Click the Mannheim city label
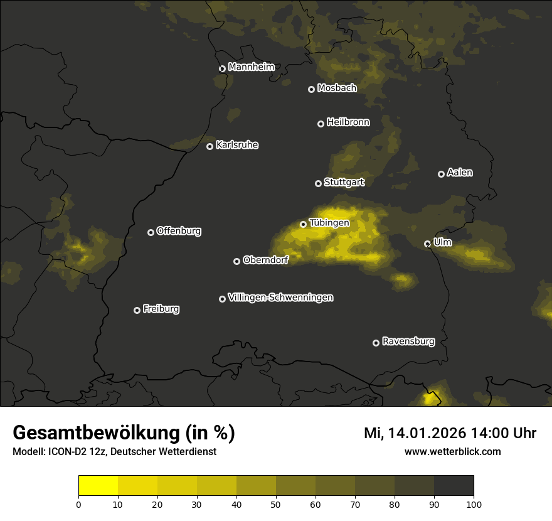(251, 67)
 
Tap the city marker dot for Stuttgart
(318, 183)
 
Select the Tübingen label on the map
(329, 223)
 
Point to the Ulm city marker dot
(427, 244)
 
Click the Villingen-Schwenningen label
(280, 298)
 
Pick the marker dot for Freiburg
(137, 310)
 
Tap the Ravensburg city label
(408, 341)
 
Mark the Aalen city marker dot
(441, 174)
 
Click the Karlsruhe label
(236, 145)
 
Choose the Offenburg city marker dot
(151, 232)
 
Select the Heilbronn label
(348, 122)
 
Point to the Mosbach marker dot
(311, 89)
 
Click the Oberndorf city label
(265, 260)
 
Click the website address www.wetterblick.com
(452, 451)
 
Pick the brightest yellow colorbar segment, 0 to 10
(98, 486)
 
